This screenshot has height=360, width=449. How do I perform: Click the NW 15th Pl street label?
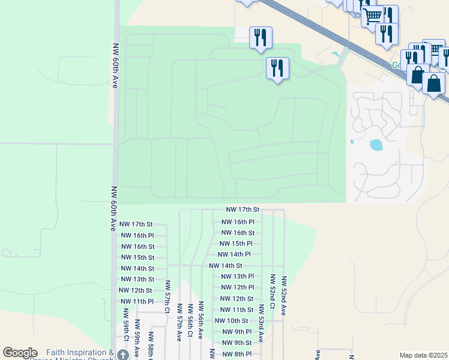(236, 244)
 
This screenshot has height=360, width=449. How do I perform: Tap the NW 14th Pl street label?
(234, 254)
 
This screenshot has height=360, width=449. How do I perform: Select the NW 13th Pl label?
(238, 277)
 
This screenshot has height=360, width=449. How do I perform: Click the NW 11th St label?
(234, 310)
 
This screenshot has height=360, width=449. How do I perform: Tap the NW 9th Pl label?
(237, 332)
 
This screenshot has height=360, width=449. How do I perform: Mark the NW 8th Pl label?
(236, 354)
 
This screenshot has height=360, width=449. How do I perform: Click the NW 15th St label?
(137, 257)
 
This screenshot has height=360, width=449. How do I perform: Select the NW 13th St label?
(137, 280)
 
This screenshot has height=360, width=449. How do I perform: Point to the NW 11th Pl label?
(137, 301)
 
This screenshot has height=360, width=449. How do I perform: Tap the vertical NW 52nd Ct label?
(273, 292)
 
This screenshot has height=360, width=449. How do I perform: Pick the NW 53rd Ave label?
(261, 323)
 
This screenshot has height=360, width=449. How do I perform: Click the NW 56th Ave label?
(201, 321)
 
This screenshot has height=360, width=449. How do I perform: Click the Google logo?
(20, 353)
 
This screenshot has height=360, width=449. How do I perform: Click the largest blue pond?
(376, 145)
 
